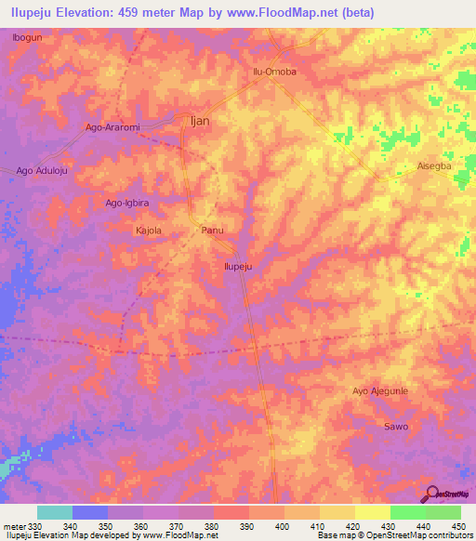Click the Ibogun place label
[27, 38]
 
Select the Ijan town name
[199, 121]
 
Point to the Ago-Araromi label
[112, 127]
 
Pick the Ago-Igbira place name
[128, 203]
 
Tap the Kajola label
[149, 230]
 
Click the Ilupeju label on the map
[239, 266]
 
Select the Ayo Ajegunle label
[381, 391]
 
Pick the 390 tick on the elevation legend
[247, 527]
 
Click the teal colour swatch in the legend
[55, 512]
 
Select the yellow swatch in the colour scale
[372, 512]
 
